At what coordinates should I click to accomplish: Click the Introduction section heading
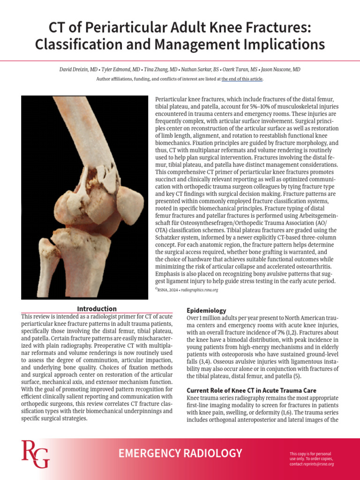pos(97,309)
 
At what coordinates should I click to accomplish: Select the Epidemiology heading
pos(206,310)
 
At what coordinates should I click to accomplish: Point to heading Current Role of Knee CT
pos(251,390)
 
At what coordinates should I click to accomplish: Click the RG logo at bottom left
pos(35,454)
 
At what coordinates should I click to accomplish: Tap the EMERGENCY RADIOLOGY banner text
pos(180,453)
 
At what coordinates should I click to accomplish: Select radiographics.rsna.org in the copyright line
pos(200,290)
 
